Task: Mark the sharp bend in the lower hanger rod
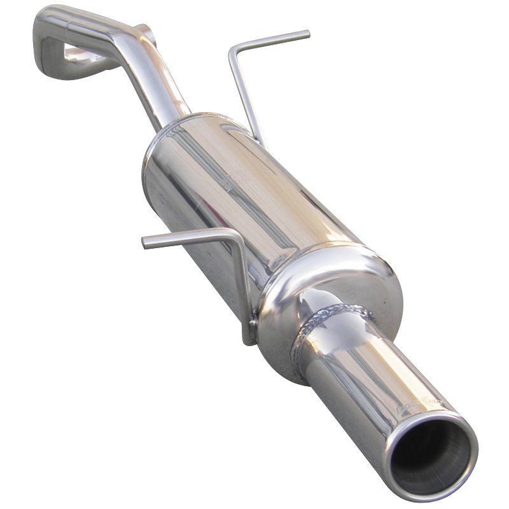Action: tap(235, 234)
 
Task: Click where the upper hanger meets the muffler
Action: tap(259, 137)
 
